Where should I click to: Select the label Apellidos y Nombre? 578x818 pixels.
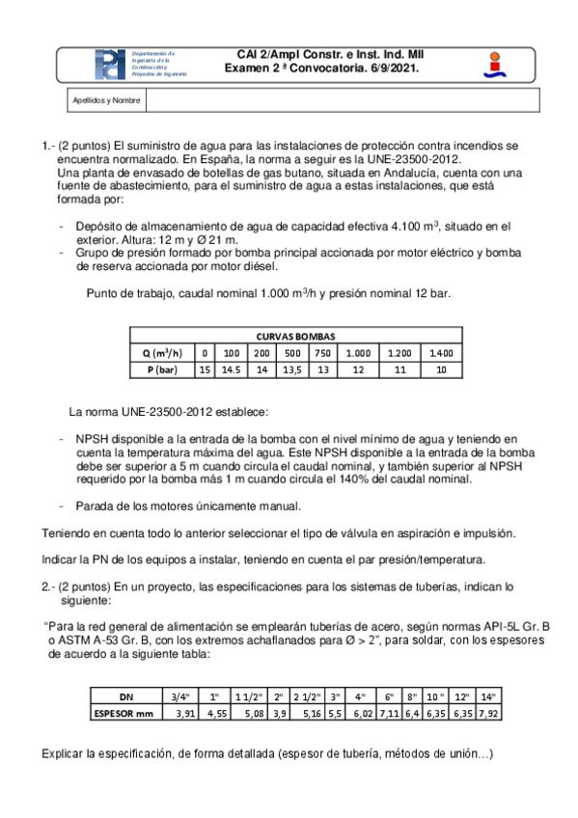106,100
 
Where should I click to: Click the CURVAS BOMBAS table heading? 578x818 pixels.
295,337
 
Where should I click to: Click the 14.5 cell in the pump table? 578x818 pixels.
232,368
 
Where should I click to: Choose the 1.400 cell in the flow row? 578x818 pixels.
441,352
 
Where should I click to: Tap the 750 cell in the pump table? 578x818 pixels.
322,352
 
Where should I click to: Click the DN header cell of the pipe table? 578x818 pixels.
126,695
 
